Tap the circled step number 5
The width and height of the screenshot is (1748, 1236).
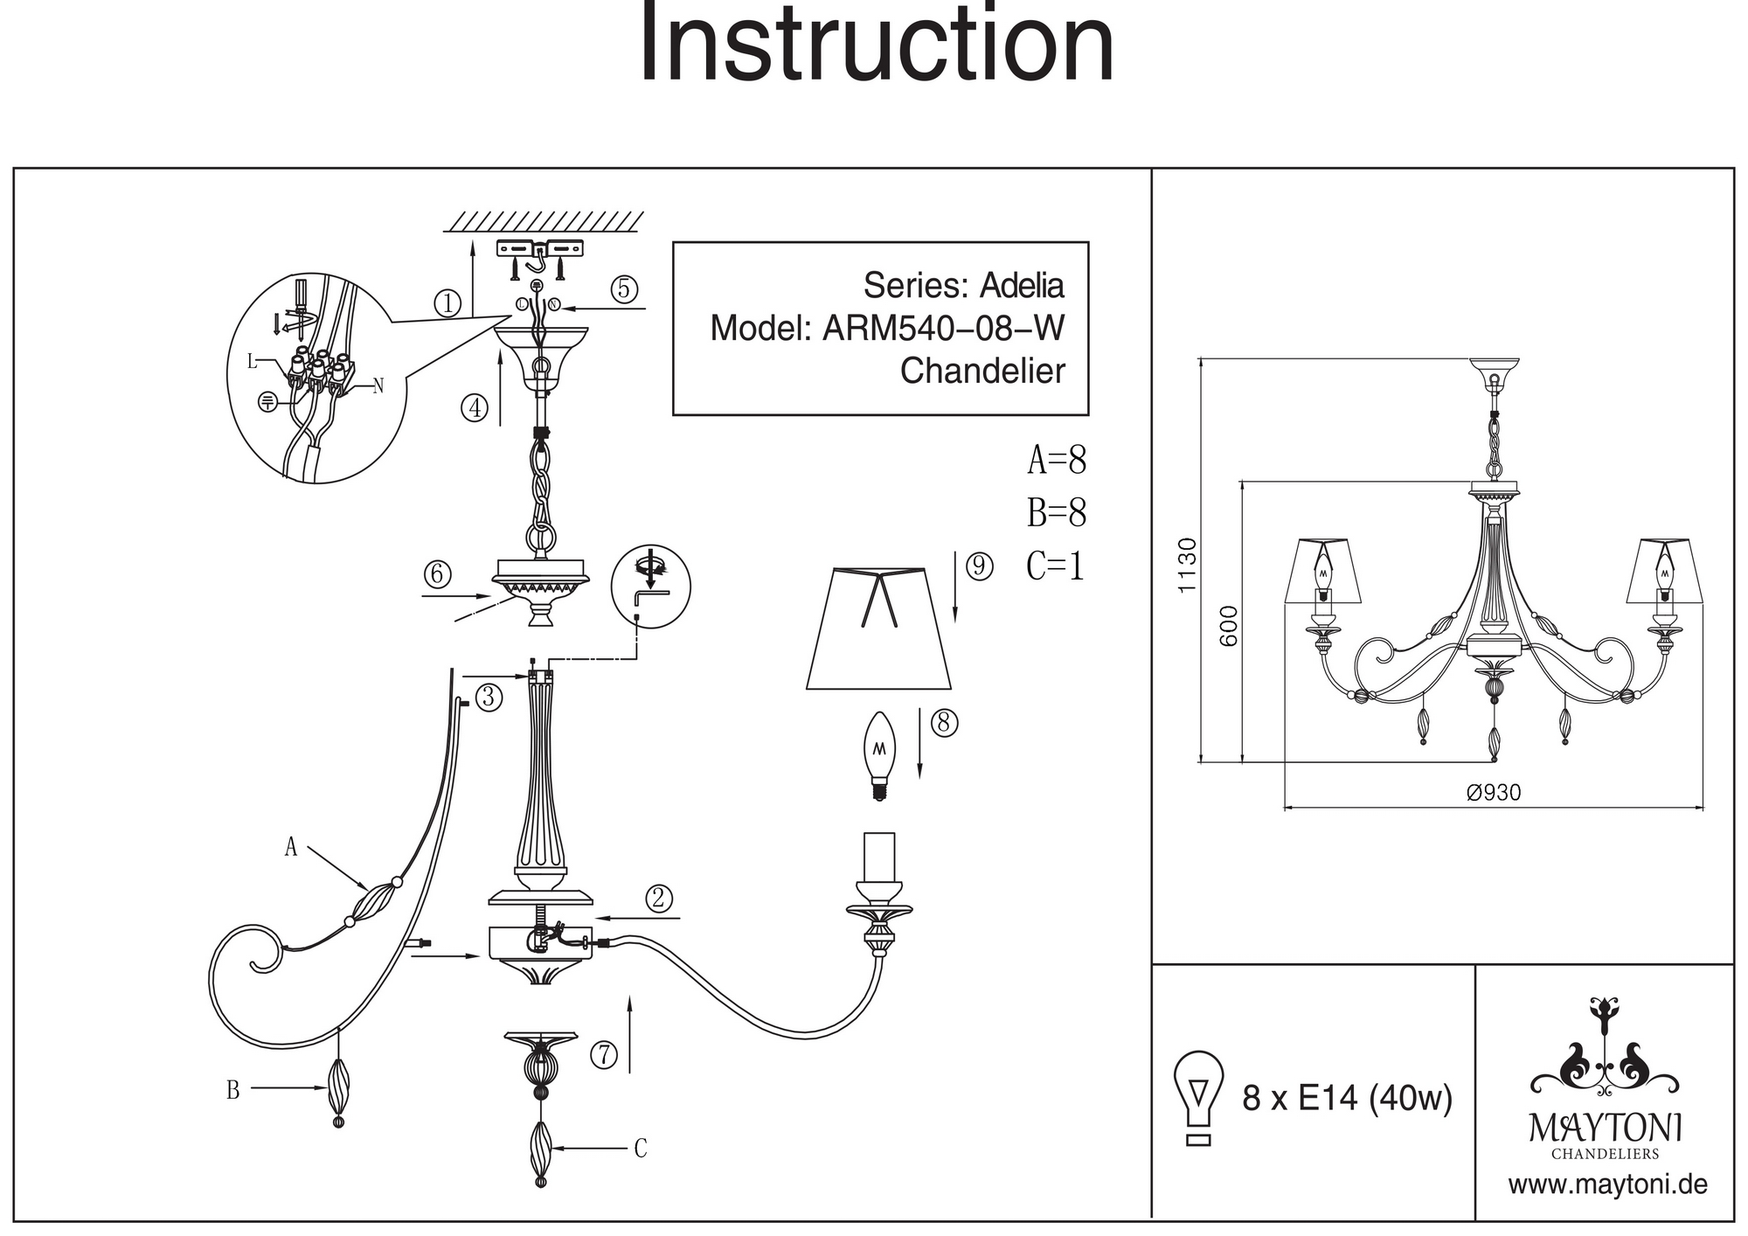tap(624, 288)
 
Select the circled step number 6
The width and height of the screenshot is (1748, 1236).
tap(437, 574)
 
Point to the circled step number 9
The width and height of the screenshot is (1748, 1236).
tap(979, 566)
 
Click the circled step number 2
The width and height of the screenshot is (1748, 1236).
tap(659, 898)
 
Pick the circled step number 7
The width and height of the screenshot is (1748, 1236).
tap(604, 1055)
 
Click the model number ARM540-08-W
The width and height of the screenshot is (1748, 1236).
tap(943, 329)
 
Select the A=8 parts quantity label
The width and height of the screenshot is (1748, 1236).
tap(1056, 460)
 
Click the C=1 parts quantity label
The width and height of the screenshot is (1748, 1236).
tap(1055, 566)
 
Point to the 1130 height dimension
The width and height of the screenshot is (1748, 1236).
tap(1186, 566)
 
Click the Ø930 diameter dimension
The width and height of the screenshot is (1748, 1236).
tap(1494, 793)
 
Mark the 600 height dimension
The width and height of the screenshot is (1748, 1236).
tap(1229, 625)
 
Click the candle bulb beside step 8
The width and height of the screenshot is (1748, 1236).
tap(879, 754)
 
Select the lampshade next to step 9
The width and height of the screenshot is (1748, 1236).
tap(878, 628)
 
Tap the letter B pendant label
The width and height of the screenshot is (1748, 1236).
tap(232, 1090)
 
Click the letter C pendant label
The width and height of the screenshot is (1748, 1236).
tap(641, 1149)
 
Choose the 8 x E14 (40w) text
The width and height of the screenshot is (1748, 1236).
tap(1347, 1098)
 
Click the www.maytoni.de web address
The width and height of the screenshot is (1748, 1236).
tap(1607, 1185)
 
